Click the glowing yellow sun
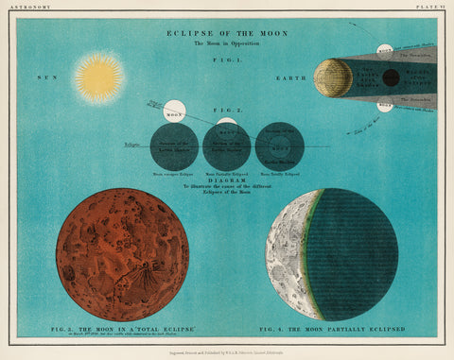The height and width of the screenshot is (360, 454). (99, 77)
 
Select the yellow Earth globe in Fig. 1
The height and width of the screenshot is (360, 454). (332, 77)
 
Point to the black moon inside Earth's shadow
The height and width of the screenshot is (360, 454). (390, 77)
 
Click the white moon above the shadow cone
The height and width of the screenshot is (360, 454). (384, 50)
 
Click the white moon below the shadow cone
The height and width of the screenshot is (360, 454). (384, 106)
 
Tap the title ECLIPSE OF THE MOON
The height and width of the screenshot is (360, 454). (227, 33)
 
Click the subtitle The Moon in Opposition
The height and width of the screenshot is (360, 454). (227, 43)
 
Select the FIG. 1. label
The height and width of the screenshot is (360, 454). (227, 60)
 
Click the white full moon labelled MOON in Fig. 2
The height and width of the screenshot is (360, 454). (174, 111)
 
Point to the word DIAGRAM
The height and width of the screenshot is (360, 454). (227, 183)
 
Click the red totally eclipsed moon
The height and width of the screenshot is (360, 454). (122, 254)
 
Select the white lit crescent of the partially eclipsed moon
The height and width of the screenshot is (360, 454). (284, 253)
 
